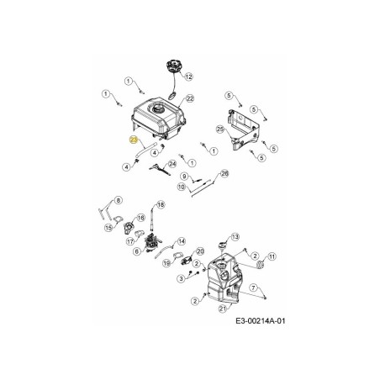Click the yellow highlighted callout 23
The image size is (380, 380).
point(134,141)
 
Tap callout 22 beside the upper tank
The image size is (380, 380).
point(190,98)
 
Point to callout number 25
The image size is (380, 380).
point(219,129)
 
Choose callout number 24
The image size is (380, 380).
point(173,163)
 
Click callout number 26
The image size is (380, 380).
point(224,173)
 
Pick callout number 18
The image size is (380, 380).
point(161,204)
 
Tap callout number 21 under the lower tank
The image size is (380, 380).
point(223,309)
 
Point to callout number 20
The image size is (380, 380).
point(200,251)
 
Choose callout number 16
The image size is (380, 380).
point(140,217)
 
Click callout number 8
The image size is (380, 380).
point(119,199)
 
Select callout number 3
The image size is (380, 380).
point(180,277)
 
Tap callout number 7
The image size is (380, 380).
point(253,288)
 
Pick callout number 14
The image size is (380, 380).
point(181,242)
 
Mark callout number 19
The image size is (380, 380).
point(167,263)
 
